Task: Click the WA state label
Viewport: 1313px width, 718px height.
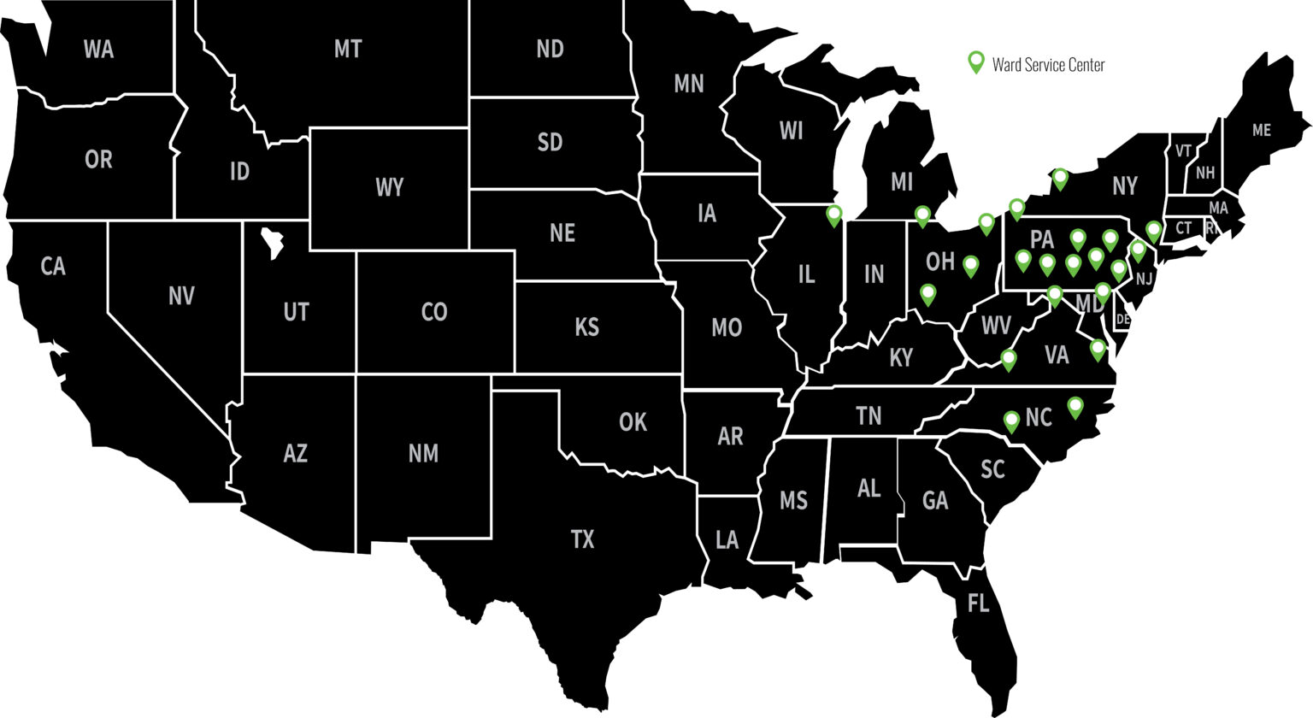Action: (x=98, y=50)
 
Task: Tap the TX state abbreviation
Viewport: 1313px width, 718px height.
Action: (x=582, y=539)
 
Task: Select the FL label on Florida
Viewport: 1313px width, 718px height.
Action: (x=978, y=603)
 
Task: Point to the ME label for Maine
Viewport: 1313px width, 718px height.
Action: (x=1261, y=131)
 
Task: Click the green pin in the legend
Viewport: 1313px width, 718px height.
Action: (x=975, y=62)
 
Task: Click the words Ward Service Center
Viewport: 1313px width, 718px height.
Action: (x=1048, y=65)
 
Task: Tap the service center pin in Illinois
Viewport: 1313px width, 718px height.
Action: (x=834, y=215)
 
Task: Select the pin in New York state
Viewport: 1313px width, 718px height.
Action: (x=1060, y=178)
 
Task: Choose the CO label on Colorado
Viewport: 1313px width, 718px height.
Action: (x=434, y=312)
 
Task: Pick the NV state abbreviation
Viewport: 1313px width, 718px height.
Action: (x=181, y=297)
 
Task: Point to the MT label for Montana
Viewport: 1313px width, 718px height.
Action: (x=347, y=50)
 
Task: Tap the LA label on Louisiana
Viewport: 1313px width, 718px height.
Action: (x=727, y=540)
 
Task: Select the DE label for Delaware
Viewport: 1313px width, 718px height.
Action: (x=1122, y=320)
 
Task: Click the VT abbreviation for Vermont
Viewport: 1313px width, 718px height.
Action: (x=1183, y=151)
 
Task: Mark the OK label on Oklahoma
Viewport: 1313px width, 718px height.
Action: (x=633, y=421)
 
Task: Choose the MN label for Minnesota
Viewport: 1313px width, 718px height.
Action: (x=689, y=84)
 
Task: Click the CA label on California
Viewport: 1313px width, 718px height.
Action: (x=53, y=267)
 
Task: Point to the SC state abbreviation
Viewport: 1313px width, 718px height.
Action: (x=992, y=469)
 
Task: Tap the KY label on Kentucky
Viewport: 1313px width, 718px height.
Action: (x=901, y=357)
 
